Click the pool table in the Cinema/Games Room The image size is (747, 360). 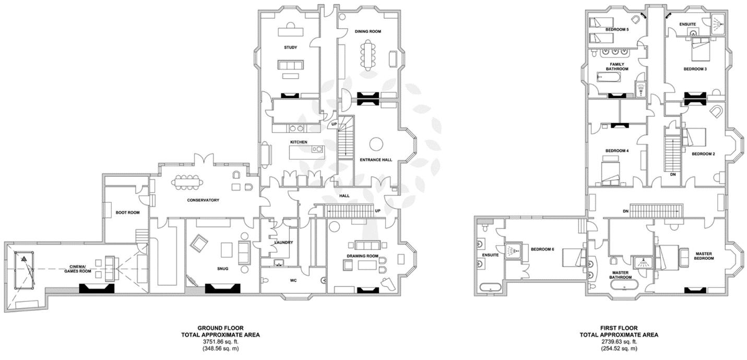24,270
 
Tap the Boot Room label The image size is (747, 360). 127,213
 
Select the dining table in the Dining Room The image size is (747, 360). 368,55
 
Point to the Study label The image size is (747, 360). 290,47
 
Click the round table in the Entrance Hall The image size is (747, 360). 376,145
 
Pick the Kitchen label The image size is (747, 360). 299,142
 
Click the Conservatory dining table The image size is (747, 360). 187,182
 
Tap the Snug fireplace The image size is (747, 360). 222,289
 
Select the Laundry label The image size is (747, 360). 283,243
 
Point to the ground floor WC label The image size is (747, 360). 293,281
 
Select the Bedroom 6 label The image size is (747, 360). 542,249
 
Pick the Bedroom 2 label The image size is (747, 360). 703,154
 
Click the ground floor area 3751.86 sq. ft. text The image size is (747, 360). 220,342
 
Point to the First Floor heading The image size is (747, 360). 619,328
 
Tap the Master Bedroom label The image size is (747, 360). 704,256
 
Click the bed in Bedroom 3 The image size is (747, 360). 703,49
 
